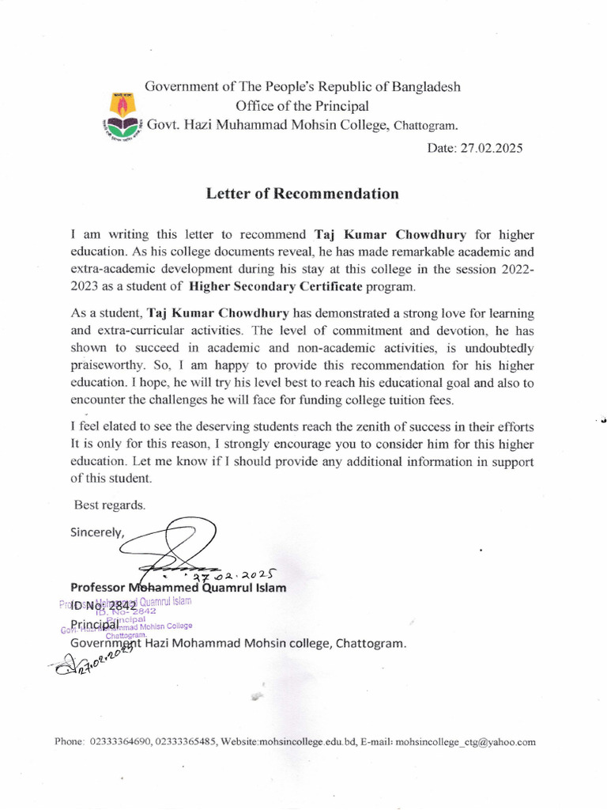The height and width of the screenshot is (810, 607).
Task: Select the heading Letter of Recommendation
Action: [303, 194]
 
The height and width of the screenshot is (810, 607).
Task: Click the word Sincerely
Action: [97, 532]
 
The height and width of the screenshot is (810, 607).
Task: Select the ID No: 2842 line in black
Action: [104, 607]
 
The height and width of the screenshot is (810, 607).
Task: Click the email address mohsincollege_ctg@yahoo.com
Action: [466, 742]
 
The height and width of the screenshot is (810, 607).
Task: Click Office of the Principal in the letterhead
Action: [302, 106]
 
